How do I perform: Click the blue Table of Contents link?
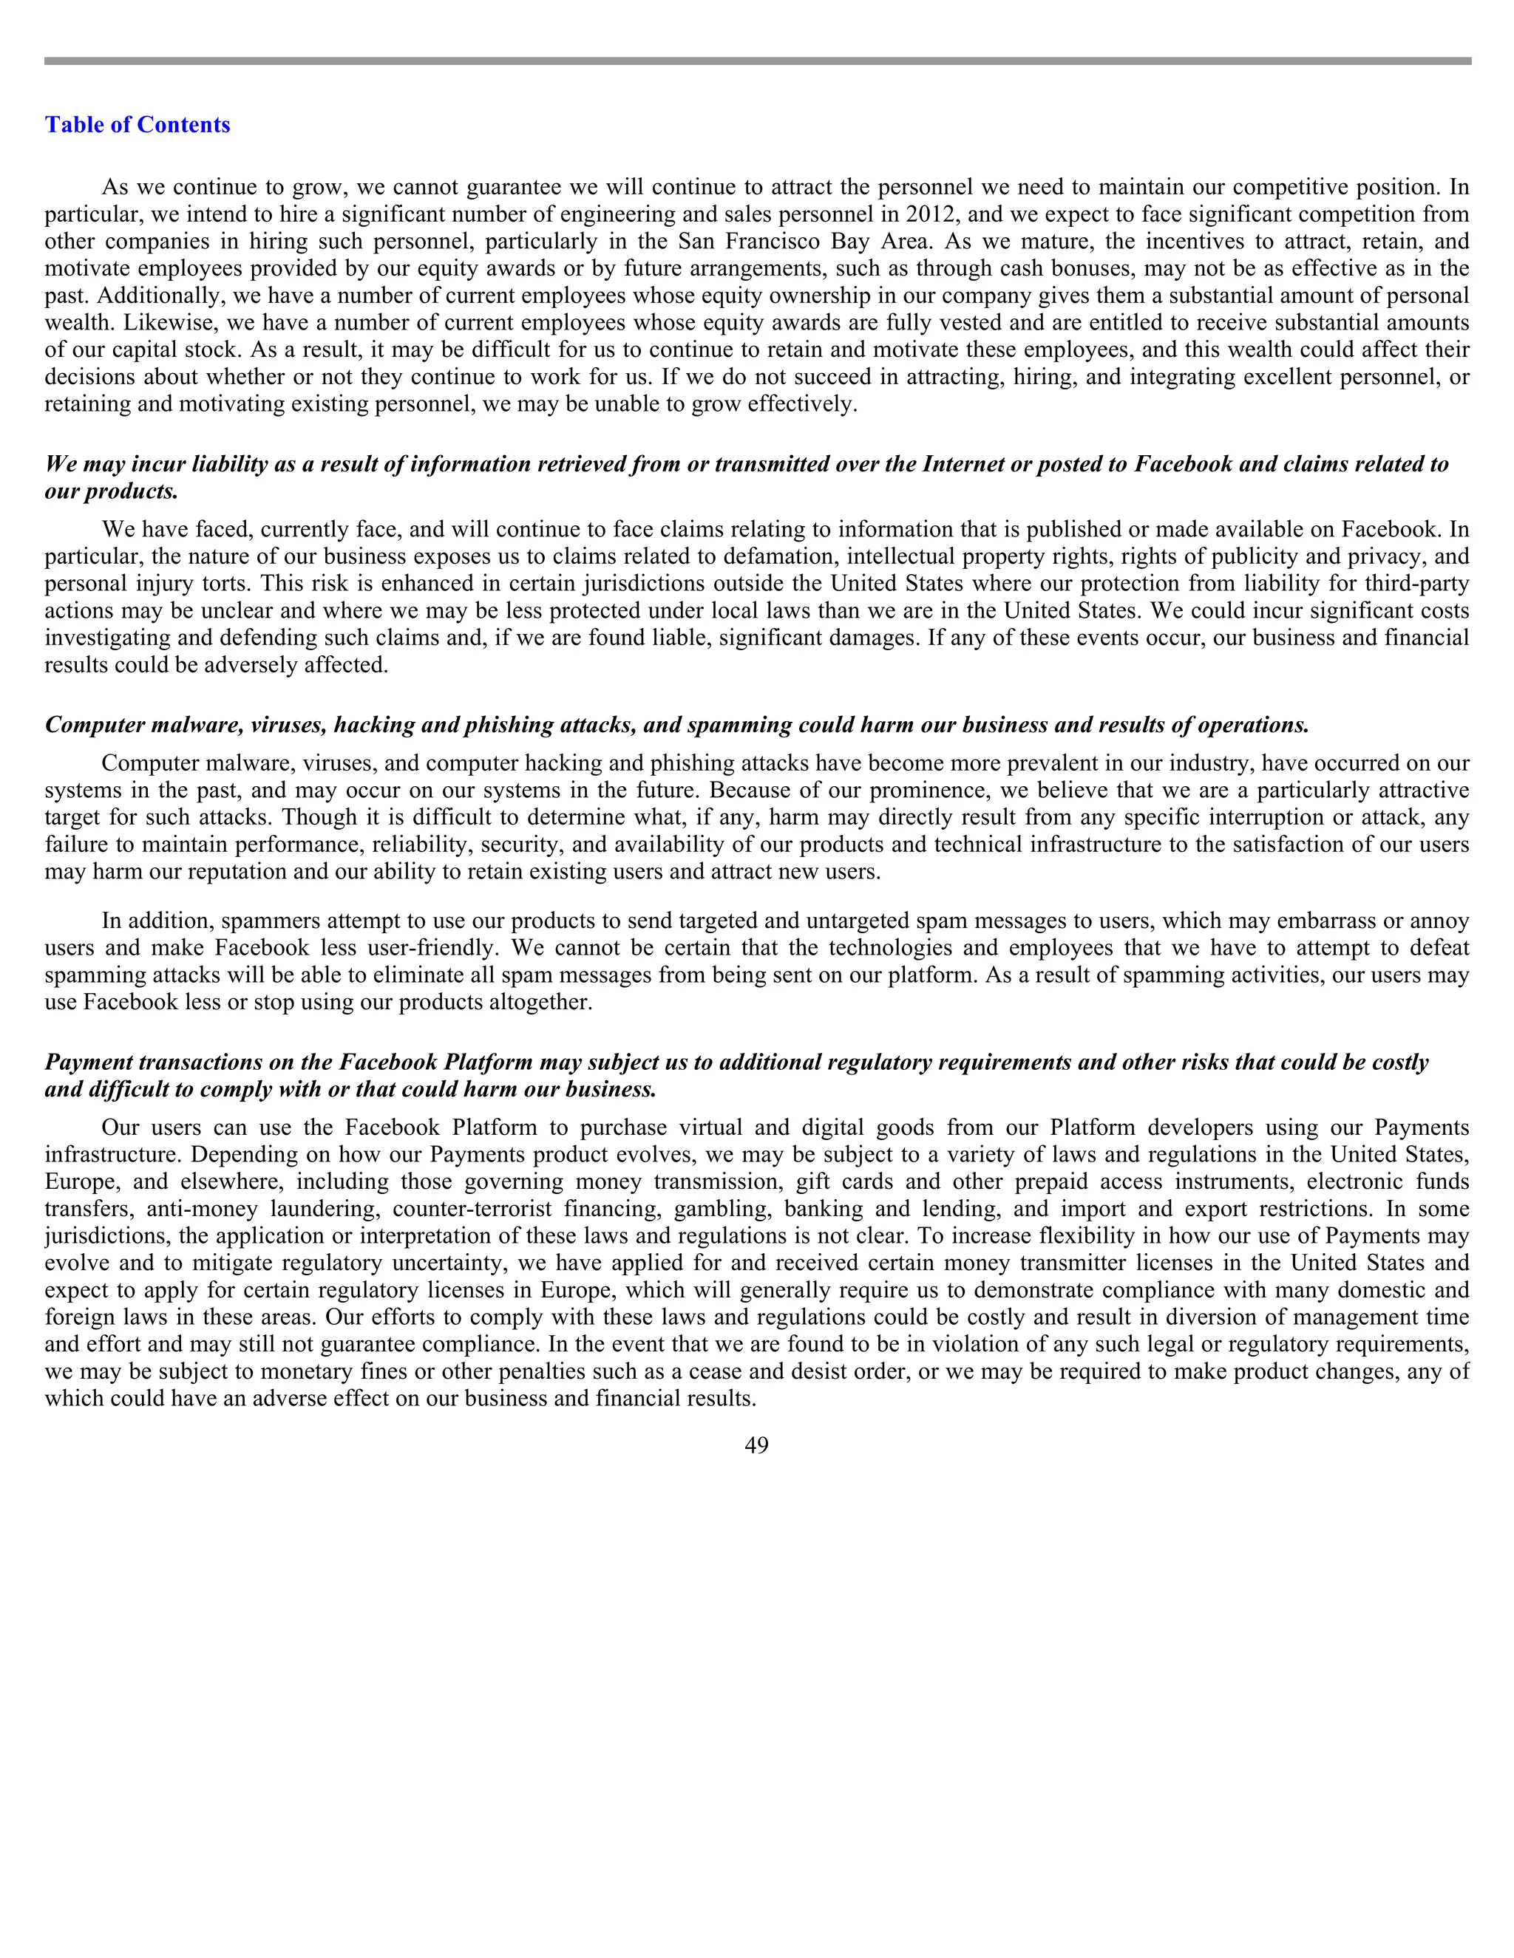coord(138,125)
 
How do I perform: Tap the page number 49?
coord(756,1445)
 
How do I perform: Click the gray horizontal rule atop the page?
coord(756,61)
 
